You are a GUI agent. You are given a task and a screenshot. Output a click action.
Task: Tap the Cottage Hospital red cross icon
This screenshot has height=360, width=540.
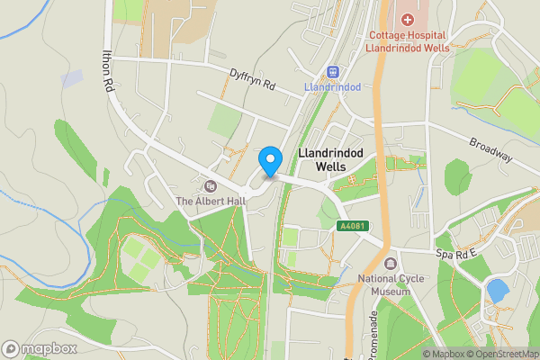pos(407,19)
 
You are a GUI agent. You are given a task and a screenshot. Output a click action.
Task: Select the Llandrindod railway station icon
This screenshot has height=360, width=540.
pos(333,71)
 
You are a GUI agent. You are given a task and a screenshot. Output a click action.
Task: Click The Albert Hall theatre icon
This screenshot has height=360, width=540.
pos(211,185)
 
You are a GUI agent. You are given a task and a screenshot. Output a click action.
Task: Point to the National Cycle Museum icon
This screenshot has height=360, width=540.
pos(390,263)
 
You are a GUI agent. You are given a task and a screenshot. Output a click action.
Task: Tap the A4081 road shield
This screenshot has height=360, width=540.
pos(354,227)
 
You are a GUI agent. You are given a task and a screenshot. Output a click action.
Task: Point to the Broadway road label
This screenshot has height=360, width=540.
pos(491,150)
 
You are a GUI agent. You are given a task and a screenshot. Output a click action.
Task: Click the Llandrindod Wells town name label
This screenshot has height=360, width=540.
pos(329,160)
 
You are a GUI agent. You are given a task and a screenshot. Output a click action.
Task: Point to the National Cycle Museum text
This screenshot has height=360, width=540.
pos(391,284)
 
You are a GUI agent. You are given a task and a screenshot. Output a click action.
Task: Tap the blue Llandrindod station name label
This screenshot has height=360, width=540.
pos(333,87)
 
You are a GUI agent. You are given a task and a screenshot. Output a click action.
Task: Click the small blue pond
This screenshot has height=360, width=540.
pos(496,291)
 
